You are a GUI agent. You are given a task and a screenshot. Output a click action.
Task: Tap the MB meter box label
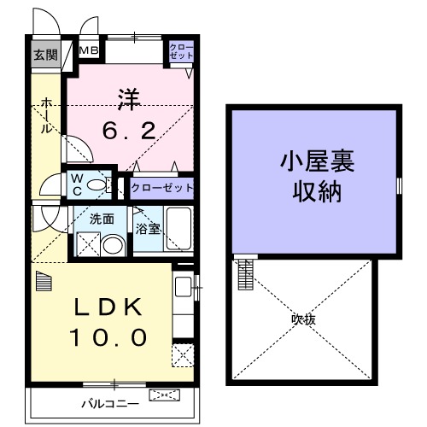click(x=89, y=51)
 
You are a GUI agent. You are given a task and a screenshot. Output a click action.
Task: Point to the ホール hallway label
click(x=44, y=117)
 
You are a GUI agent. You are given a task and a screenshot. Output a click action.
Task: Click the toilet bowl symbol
click(x=98, y=184)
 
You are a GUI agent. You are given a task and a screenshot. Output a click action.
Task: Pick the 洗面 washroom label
click(x=102, y=218)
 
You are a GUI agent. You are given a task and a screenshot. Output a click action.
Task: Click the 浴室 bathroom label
click(x=148, y=228)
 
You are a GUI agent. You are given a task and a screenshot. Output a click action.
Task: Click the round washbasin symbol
click(x=112, y=247)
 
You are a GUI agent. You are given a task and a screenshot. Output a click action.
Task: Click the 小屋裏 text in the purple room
click(x=313, y=160)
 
